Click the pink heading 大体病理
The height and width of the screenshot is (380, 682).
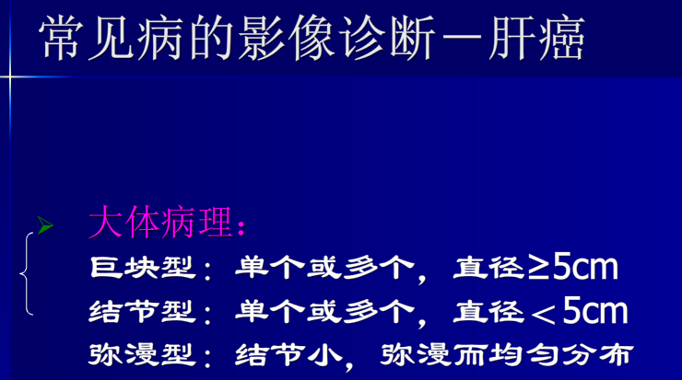[x=162, y=224]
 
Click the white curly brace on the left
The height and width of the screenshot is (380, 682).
[x=29, y=272]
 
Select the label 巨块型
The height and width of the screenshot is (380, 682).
[x=143, y=268]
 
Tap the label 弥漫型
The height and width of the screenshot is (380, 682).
[x=143, y=354]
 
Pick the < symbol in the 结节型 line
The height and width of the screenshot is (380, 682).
[x=545, y=314]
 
